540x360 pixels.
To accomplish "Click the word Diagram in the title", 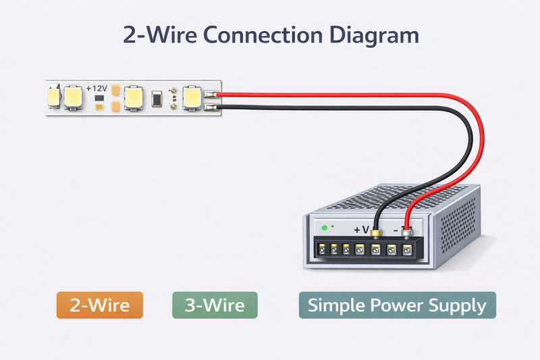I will [x=372, y=35].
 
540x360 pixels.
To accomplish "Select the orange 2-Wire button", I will [x=100, y=305].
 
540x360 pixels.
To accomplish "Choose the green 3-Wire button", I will [x=215, y=305].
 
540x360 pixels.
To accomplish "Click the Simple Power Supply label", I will [x=397, y=305].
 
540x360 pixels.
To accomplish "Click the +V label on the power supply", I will [x=361, y=230].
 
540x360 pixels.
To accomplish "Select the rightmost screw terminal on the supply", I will [x=407, y=249].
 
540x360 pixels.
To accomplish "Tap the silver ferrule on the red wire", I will [x=407, y=233].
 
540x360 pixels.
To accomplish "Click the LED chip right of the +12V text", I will [x=134, y=98].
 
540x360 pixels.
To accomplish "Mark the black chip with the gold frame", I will [x=157, y=99].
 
